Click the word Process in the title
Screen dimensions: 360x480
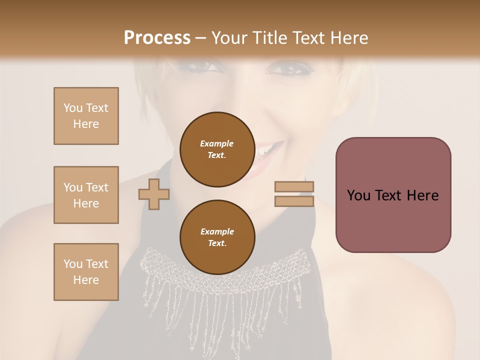point(157,38)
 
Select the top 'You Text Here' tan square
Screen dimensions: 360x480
point(86,116)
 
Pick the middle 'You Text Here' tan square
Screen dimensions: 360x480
point(86,195)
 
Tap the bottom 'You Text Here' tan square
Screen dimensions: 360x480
point(86,272)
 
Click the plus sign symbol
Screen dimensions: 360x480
point(154,194)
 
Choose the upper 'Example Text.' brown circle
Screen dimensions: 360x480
point(216,149)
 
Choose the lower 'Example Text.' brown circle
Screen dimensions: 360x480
point(216,237)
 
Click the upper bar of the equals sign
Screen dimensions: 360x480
point(294,186)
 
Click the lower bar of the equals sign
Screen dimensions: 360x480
point(294,201)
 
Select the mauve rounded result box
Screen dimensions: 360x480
point(393,194)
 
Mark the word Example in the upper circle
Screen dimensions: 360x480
point(216,143)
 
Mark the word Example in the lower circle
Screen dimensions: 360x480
point(217,231)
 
